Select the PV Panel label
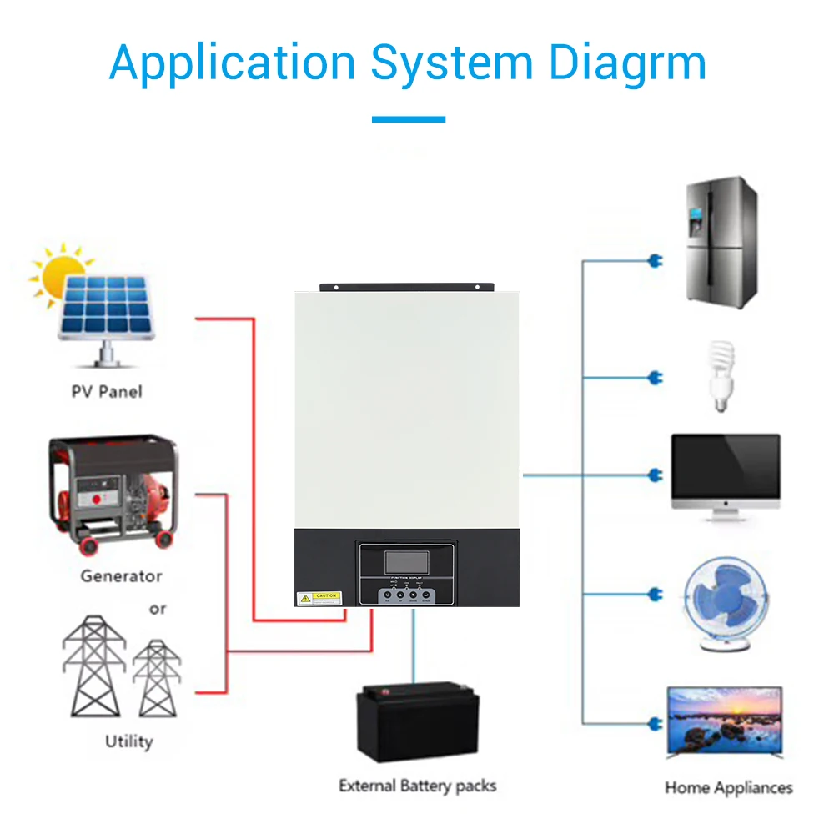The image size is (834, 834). [x=107, y=391]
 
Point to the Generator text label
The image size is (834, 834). [x=121, y=575]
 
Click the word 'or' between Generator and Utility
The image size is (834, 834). [x=158, y=609]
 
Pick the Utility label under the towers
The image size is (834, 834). [x=128, y=741]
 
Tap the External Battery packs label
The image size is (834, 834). [x=417, y=786]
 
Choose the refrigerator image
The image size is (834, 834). [x=721, y=242]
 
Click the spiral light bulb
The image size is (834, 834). [x=720, y=374]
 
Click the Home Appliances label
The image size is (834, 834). [x=728, y=787]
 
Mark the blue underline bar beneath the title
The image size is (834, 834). [x=409, y=119]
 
